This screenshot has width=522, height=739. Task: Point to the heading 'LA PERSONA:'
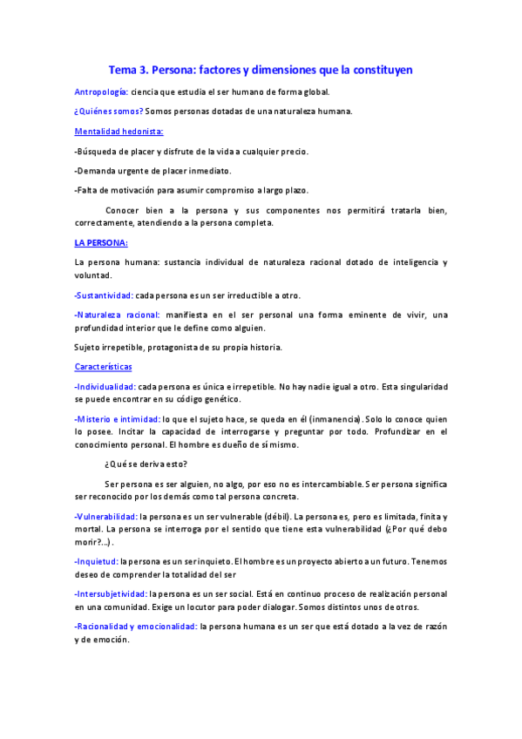(x=101, y=242)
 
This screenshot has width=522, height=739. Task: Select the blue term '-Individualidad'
(x=105, y=387)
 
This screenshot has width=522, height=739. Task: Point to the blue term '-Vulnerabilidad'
(x=106, y=517)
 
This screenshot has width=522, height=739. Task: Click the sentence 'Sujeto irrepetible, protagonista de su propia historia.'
(x=178, y=348)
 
